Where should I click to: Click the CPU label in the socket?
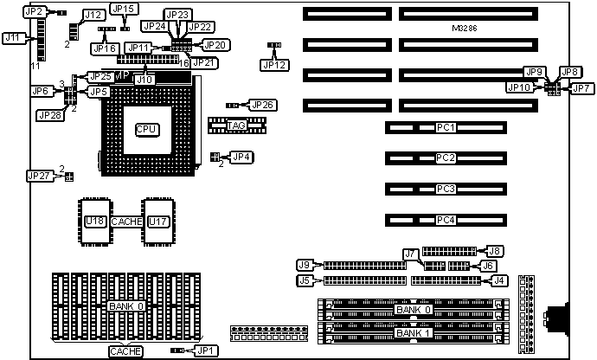(146, 129)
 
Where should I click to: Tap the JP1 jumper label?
(206, 350)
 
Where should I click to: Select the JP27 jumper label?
(39, 176)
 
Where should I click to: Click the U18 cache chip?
(94, 222)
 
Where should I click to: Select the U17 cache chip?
(157, 222)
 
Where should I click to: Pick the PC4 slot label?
(446, 219)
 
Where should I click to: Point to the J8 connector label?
(496, 250)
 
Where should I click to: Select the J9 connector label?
(304, 264)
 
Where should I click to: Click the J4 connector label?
(498, 280)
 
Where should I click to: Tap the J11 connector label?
(13, 38)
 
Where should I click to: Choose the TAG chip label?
(236, 126)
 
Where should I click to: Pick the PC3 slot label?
(446, 189)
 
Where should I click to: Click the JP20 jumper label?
(214, 44)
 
